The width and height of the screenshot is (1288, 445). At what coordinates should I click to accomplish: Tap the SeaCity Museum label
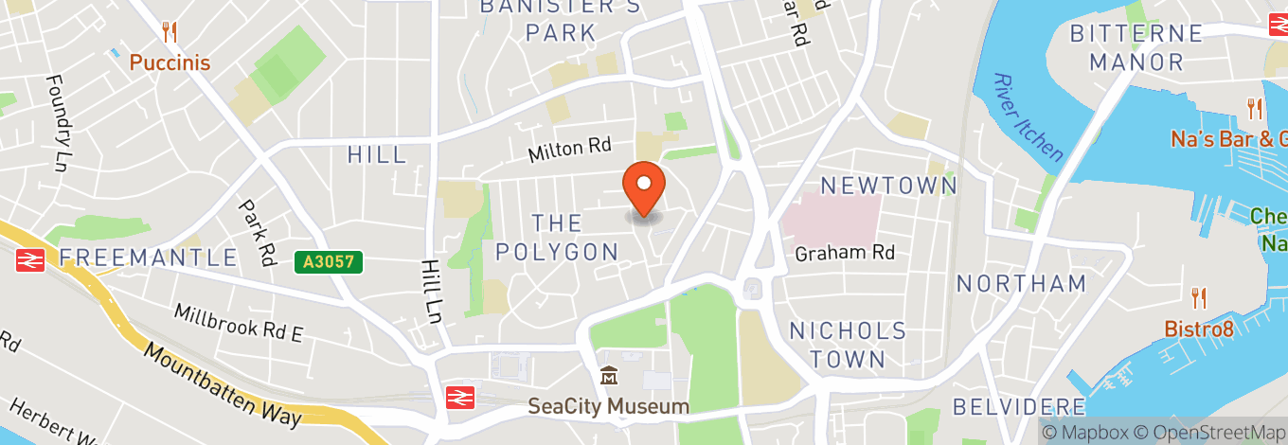click(x=608, y=406)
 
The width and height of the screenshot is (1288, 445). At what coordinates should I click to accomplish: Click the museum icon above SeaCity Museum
click(x=608, y=377)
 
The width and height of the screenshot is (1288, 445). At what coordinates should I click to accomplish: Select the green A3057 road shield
click(x=329, y=261)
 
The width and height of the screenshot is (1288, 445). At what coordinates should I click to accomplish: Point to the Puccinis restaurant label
click(x=170, y=62)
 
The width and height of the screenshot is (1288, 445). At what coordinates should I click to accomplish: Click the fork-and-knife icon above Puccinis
click(x=170, y=32)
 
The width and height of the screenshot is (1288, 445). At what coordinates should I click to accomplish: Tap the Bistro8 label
click(x=1200, y=329)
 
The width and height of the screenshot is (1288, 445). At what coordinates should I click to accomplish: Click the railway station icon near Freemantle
click(x=30, y=258)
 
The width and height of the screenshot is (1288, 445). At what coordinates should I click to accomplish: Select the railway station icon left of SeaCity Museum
click(x=461, y=397)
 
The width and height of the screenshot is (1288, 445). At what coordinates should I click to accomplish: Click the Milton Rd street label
click(x=569, y=149)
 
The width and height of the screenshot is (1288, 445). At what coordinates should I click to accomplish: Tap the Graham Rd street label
click(x=845, y=253)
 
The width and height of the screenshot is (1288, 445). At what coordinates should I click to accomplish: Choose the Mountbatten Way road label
click(x=223, y=383)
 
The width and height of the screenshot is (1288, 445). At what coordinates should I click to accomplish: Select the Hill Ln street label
click(x=433, y=294)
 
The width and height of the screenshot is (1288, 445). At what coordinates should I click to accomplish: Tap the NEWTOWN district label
click(x=888, y=186)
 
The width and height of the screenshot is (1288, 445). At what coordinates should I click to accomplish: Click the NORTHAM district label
click(x=1021, y=283)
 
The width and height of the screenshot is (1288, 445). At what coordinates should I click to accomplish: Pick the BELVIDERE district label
click(x=1019, y=407)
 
